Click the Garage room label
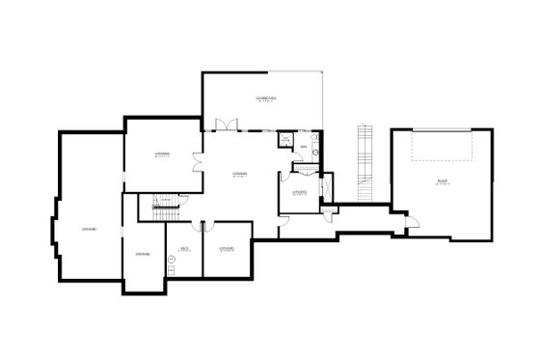[442, 181]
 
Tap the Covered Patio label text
[267, 99]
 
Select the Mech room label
[183, 248]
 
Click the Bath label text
[304, 147]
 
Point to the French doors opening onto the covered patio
[225, 125]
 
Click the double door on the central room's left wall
[197, 161]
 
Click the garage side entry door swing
[410, 223]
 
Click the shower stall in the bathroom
[286, 141]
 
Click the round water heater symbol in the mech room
[173, 272]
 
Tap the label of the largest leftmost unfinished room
[88, 228]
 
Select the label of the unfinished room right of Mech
[228, 248]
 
